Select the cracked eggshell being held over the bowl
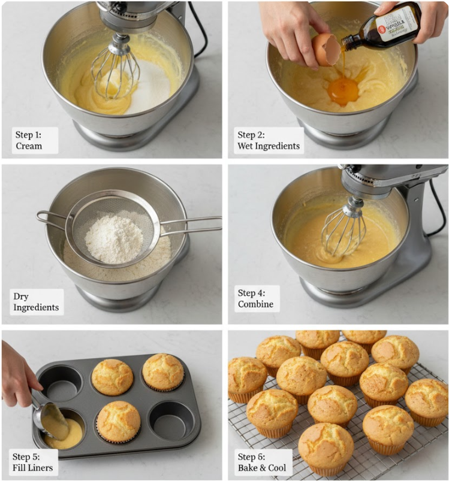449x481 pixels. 326,49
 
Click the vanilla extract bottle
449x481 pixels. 390,27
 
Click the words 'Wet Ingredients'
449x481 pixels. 269,146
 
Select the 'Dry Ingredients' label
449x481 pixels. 36,302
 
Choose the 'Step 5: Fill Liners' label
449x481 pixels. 34,461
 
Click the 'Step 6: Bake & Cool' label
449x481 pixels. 262,462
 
